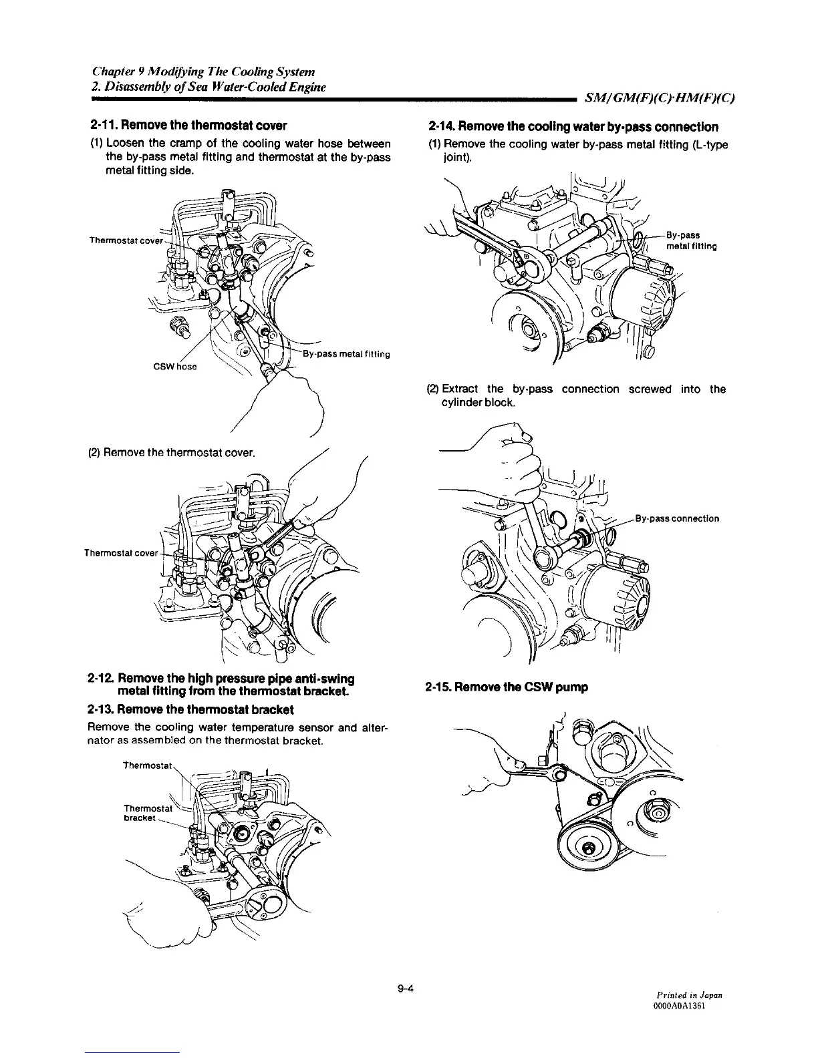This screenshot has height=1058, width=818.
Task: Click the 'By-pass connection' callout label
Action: pos(677,518)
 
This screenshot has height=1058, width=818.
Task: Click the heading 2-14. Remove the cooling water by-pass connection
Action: pos(573,126)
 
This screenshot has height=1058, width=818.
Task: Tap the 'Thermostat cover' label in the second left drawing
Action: pos(120,553)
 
